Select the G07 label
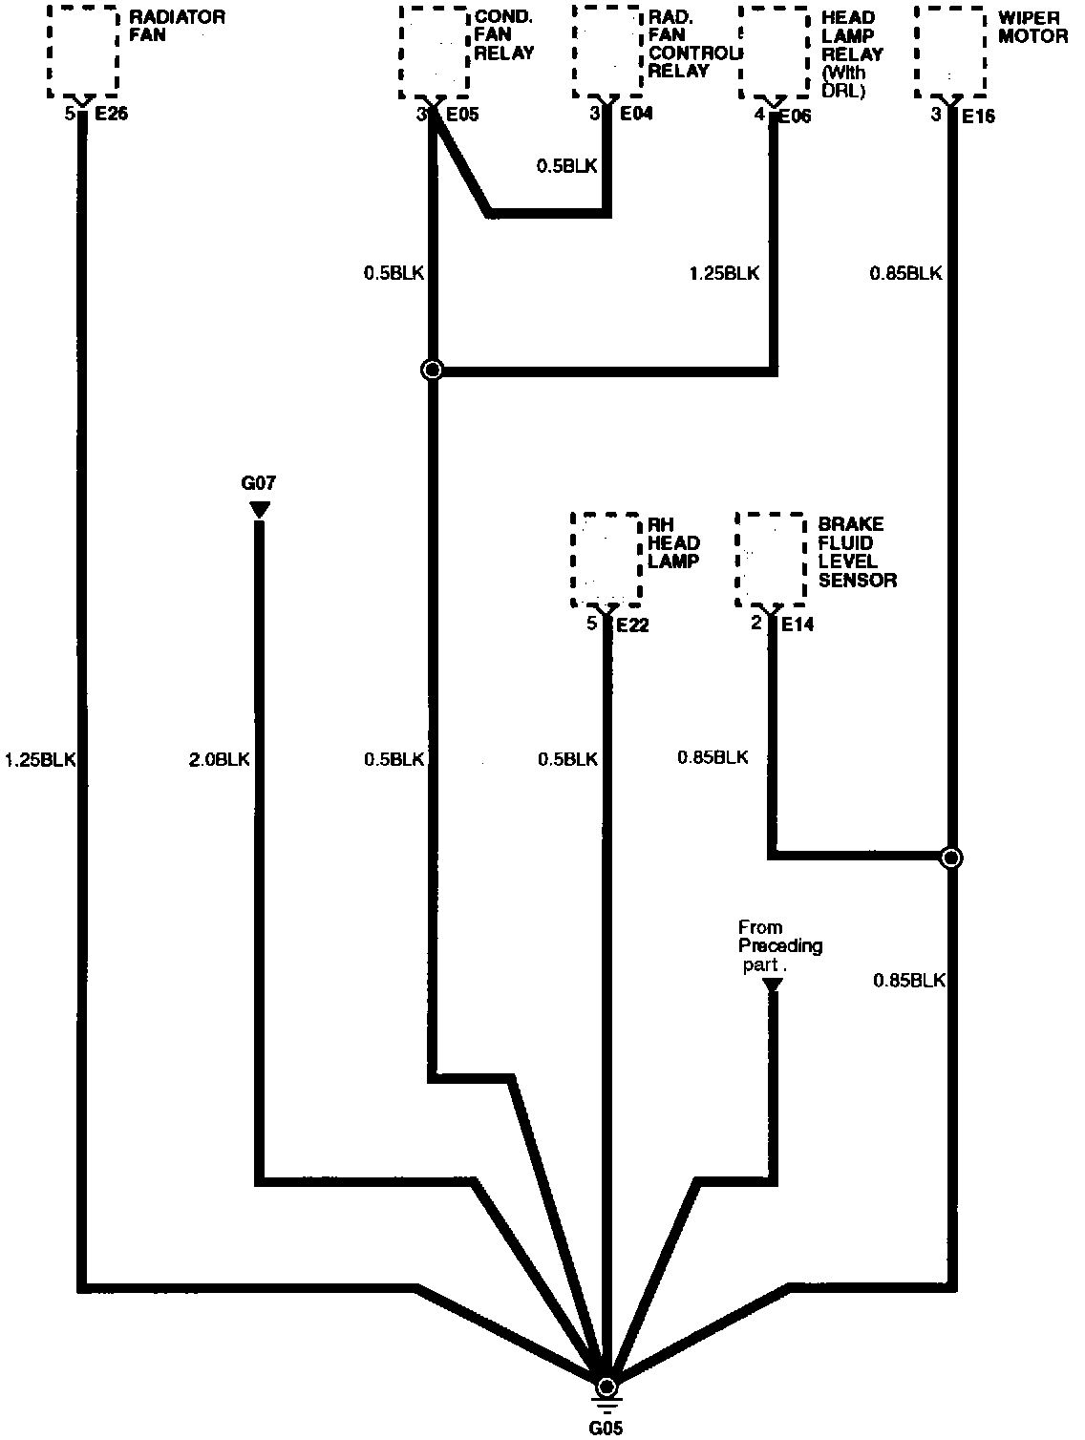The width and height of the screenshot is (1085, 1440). pos(259,482)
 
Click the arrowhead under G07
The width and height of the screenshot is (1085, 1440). pos(259,510)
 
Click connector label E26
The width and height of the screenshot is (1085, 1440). pos(110,116)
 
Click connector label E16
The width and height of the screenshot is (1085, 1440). pos(979,116)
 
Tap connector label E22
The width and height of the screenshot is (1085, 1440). pos(633,625)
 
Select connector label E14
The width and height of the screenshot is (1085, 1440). pos(798,625)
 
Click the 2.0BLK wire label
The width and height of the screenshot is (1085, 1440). pos(220,760)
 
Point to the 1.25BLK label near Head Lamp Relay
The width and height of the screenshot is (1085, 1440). pos(724,274)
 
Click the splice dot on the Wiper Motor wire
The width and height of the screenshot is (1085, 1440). pos(951,858)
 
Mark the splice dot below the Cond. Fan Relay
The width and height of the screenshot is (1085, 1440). pos(433,371)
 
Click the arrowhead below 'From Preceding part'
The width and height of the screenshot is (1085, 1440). pos(773,985)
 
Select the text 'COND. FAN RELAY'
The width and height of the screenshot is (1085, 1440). pos(504,35)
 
